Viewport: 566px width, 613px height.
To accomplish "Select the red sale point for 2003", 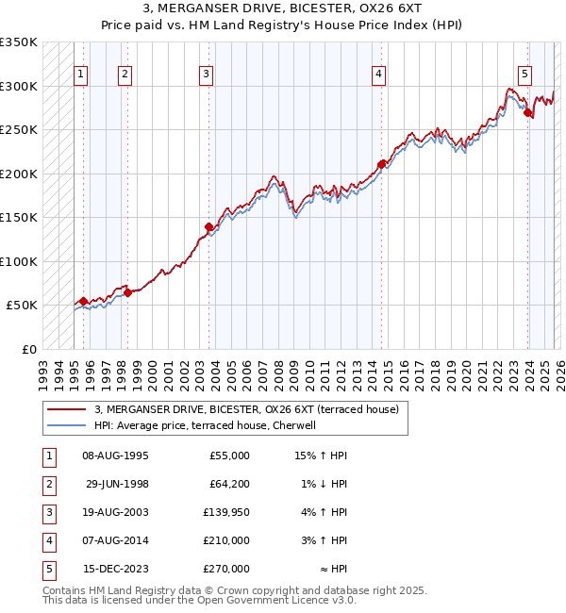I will [x=208, y=226].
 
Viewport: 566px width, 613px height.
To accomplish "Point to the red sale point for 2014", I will [x=381, y=164].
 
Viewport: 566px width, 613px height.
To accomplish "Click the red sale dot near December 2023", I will [x=528, y=112].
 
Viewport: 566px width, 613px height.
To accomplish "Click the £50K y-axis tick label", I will [x=22, y=306].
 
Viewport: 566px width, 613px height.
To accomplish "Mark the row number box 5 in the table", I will [x=47, y=569].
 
